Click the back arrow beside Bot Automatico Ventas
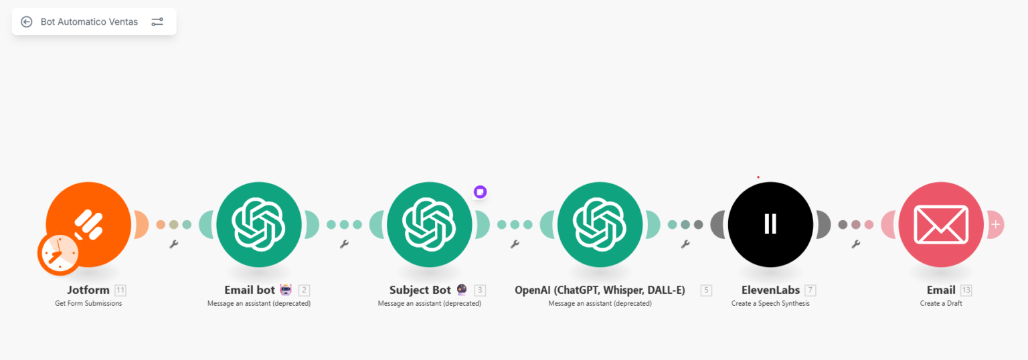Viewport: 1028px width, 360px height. (x=27, y=21)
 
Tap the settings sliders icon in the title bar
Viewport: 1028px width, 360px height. (x=157, y=21)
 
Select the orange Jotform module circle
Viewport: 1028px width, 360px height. (x=88, y=224)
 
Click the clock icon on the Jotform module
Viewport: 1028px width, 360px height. (x=59, y=254)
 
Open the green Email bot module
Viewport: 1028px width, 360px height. (x=259, y=224)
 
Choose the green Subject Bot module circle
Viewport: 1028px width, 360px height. (x=430, y=224)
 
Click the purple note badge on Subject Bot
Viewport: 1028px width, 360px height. (x=480, y=191)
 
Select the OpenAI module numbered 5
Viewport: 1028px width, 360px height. (x=600, y=224)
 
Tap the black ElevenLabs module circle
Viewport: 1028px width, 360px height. (x=770, y=224)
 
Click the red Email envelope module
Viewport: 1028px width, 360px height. (x=941, y=224)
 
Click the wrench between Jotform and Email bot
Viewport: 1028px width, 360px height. (x=174, y=244)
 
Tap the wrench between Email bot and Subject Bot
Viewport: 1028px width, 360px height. (x=344, y=244)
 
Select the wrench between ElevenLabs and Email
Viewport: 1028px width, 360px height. (x=856, y=244)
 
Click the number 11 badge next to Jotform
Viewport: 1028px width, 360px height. (x=120, y=290)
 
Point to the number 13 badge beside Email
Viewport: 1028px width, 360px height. (x=966, y=290)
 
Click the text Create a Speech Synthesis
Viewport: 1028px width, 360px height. (x=770, y=304)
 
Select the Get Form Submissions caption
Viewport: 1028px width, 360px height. (x=88, y=304)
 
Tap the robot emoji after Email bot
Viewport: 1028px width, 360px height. (x=286, y=290)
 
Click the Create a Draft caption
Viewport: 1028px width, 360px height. (x=941, y=304)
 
